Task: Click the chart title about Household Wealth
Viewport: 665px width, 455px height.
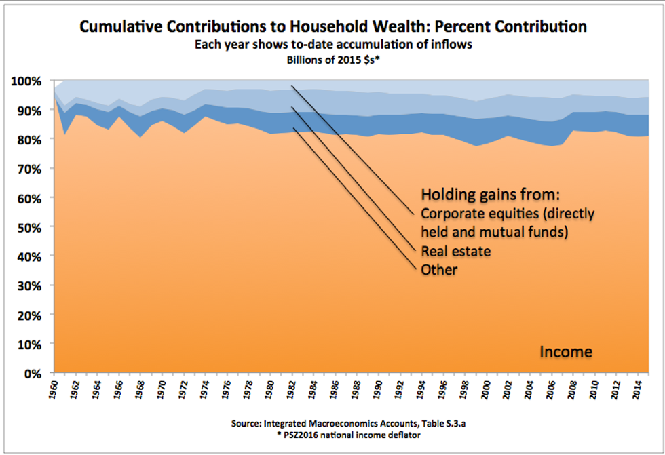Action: pyautogui.click(x=332, y=27)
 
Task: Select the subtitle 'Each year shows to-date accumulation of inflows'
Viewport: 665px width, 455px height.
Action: pyautogui.click(x=332, y=45)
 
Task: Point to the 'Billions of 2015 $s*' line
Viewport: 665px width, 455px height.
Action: pyautogui.click(x=332, y=59)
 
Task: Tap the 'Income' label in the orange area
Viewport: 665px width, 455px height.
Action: pyautogui.click(x=565, y=352)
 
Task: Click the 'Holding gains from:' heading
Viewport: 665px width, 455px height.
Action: pyautogui.click(x=490, y=195)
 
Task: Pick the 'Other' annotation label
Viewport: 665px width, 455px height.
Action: pyautogui.click(x=440, y=270)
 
